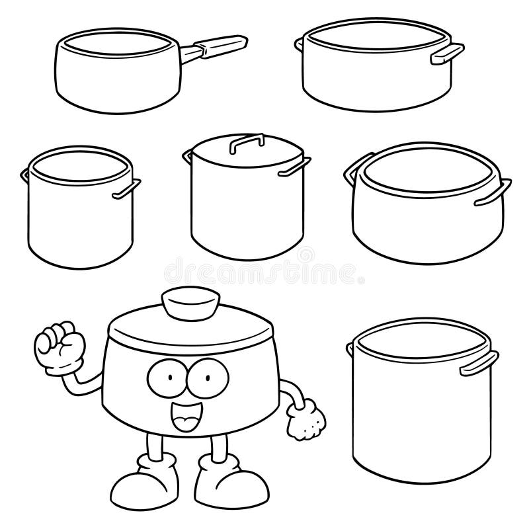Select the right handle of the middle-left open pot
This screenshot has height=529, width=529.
point(127,188)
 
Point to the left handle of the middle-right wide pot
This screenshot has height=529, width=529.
point(350,174)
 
